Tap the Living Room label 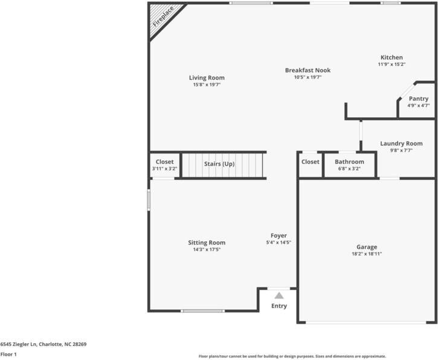pyautogui.click(x=207, y=78)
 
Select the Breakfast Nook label pyautogui.click(x=308, y=70)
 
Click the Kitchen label pyautogui.click(x=391, y=57)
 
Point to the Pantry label pyautogui.click(x=419, y=98)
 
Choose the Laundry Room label pyautogui.click(x=401, y=143)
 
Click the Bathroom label pyautogui.click(x=349, y=162)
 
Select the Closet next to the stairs pyautogui.click(x=164, y=162)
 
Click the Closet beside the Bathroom pyautogui.click(x=310, y=162)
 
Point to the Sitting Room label pyautogui.click(x=207, y=243)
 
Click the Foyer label pyautogui.click(x=279, y=236)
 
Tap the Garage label pyautogui.click(x=367, y=247)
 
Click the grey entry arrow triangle pyautogui.click(x=279, y=295)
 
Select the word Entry pyautogui.click(x=279, y=306)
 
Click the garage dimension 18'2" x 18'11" pyautogui.click(x=367, y=254)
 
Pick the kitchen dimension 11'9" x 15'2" pyautogui.click(x=391, y=64)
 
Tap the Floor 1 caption pyautogui.click(x=8, y=355)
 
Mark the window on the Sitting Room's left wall pyautogui.click(x=149, y=201)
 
